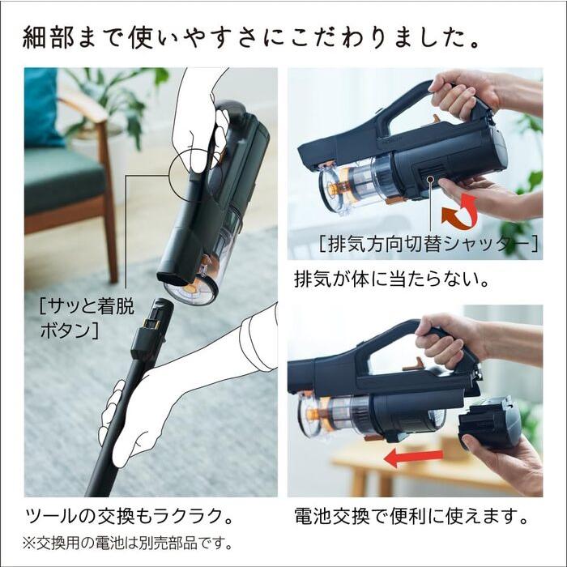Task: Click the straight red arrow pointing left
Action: (412, 458)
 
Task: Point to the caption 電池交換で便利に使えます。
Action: (411, 516)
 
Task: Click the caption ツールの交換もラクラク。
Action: (130, 516)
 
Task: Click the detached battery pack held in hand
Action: (490, 421)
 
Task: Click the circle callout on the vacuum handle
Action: (193, 172)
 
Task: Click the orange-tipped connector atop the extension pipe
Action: (150, 327)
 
